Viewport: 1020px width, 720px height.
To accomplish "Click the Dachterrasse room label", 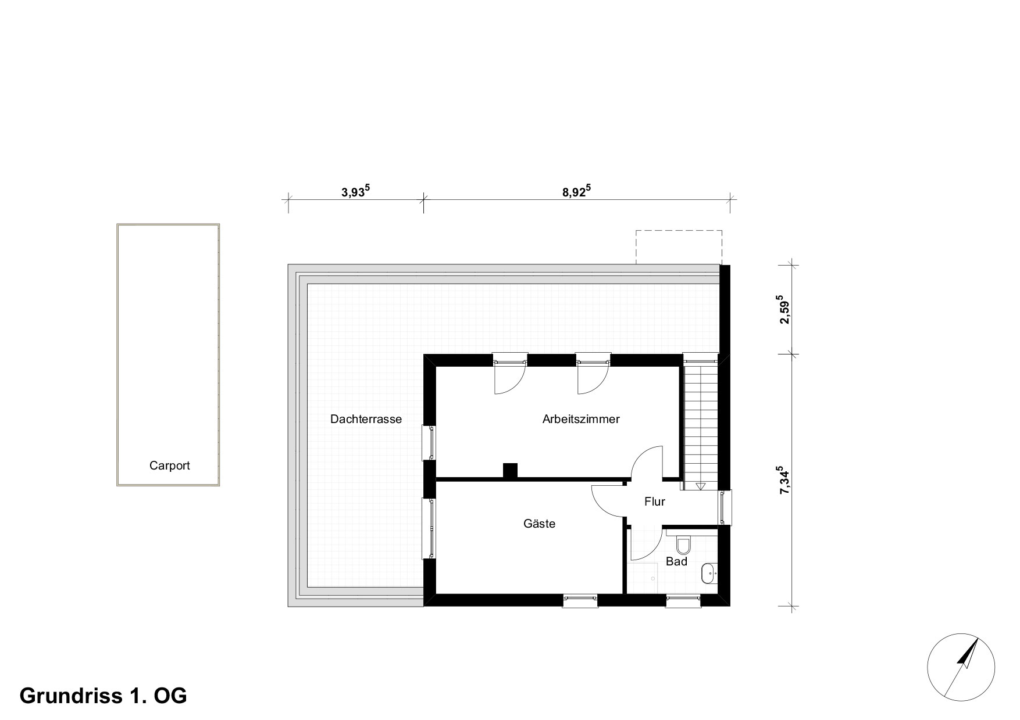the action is (x=366, y=419).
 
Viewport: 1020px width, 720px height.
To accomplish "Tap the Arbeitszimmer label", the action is (x=581, y=419).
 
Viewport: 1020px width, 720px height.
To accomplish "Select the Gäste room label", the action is (x=539, y=524).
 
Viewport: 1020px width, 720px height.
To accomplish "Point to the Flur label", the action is (x=654, y=502).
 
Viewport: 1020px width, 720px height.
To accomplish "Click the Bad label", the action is (x=676, y=561).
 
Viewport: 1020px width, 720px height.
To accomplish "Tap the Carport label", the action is (x=169, y=465).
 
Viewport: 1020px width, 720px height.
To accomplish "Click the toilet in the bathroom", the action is (x=683, y=545).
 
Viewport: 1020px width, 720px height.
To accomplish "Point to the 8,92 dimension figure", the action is (x=576, y=192).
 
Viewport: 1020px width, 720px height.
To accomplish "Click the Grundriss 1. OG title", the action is (x=104, y=696).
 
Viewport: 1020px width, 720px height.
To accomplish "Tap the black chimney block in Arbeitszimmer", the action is (x=510, y=470).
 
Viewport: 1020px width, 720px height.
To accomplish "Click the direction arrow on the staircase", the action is (x=700, y=486).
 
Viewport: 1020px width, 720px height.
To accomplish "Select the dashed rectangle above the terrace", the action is (x=679, y=247).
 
